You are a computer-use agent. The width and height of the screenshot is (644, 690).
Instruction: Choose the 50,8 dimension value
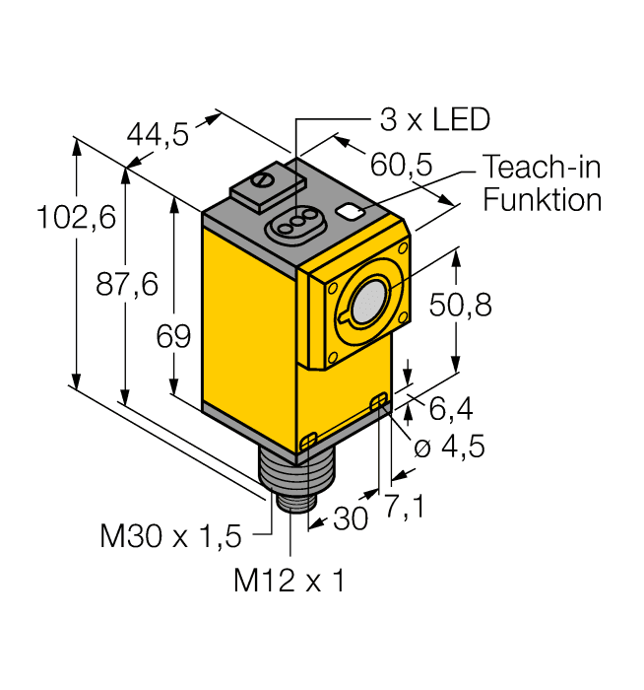(x=462, y=308)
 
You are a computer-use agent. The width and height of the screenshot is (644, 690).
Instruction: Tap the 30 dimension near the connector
(x=350, y=518)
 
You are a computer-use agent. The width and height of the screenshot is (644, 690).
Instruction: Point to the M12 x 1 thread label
(x=289, y=582)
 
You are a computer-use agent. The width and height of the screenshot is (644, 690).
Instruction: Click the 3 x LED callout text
(x=434, y=121)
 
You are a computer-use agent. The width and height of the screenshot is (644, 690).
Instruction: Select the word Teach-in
(x=543, y=169)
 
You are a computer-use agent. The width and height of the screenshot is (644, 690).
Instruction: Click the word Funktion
(x=543, y=200)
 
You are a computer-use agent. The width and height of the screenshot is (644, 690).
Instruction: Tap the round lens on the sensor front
(x=369, y=300)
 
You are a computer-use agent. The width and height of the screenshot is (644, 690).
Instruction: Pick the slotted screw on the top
(x=262, y=180)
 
